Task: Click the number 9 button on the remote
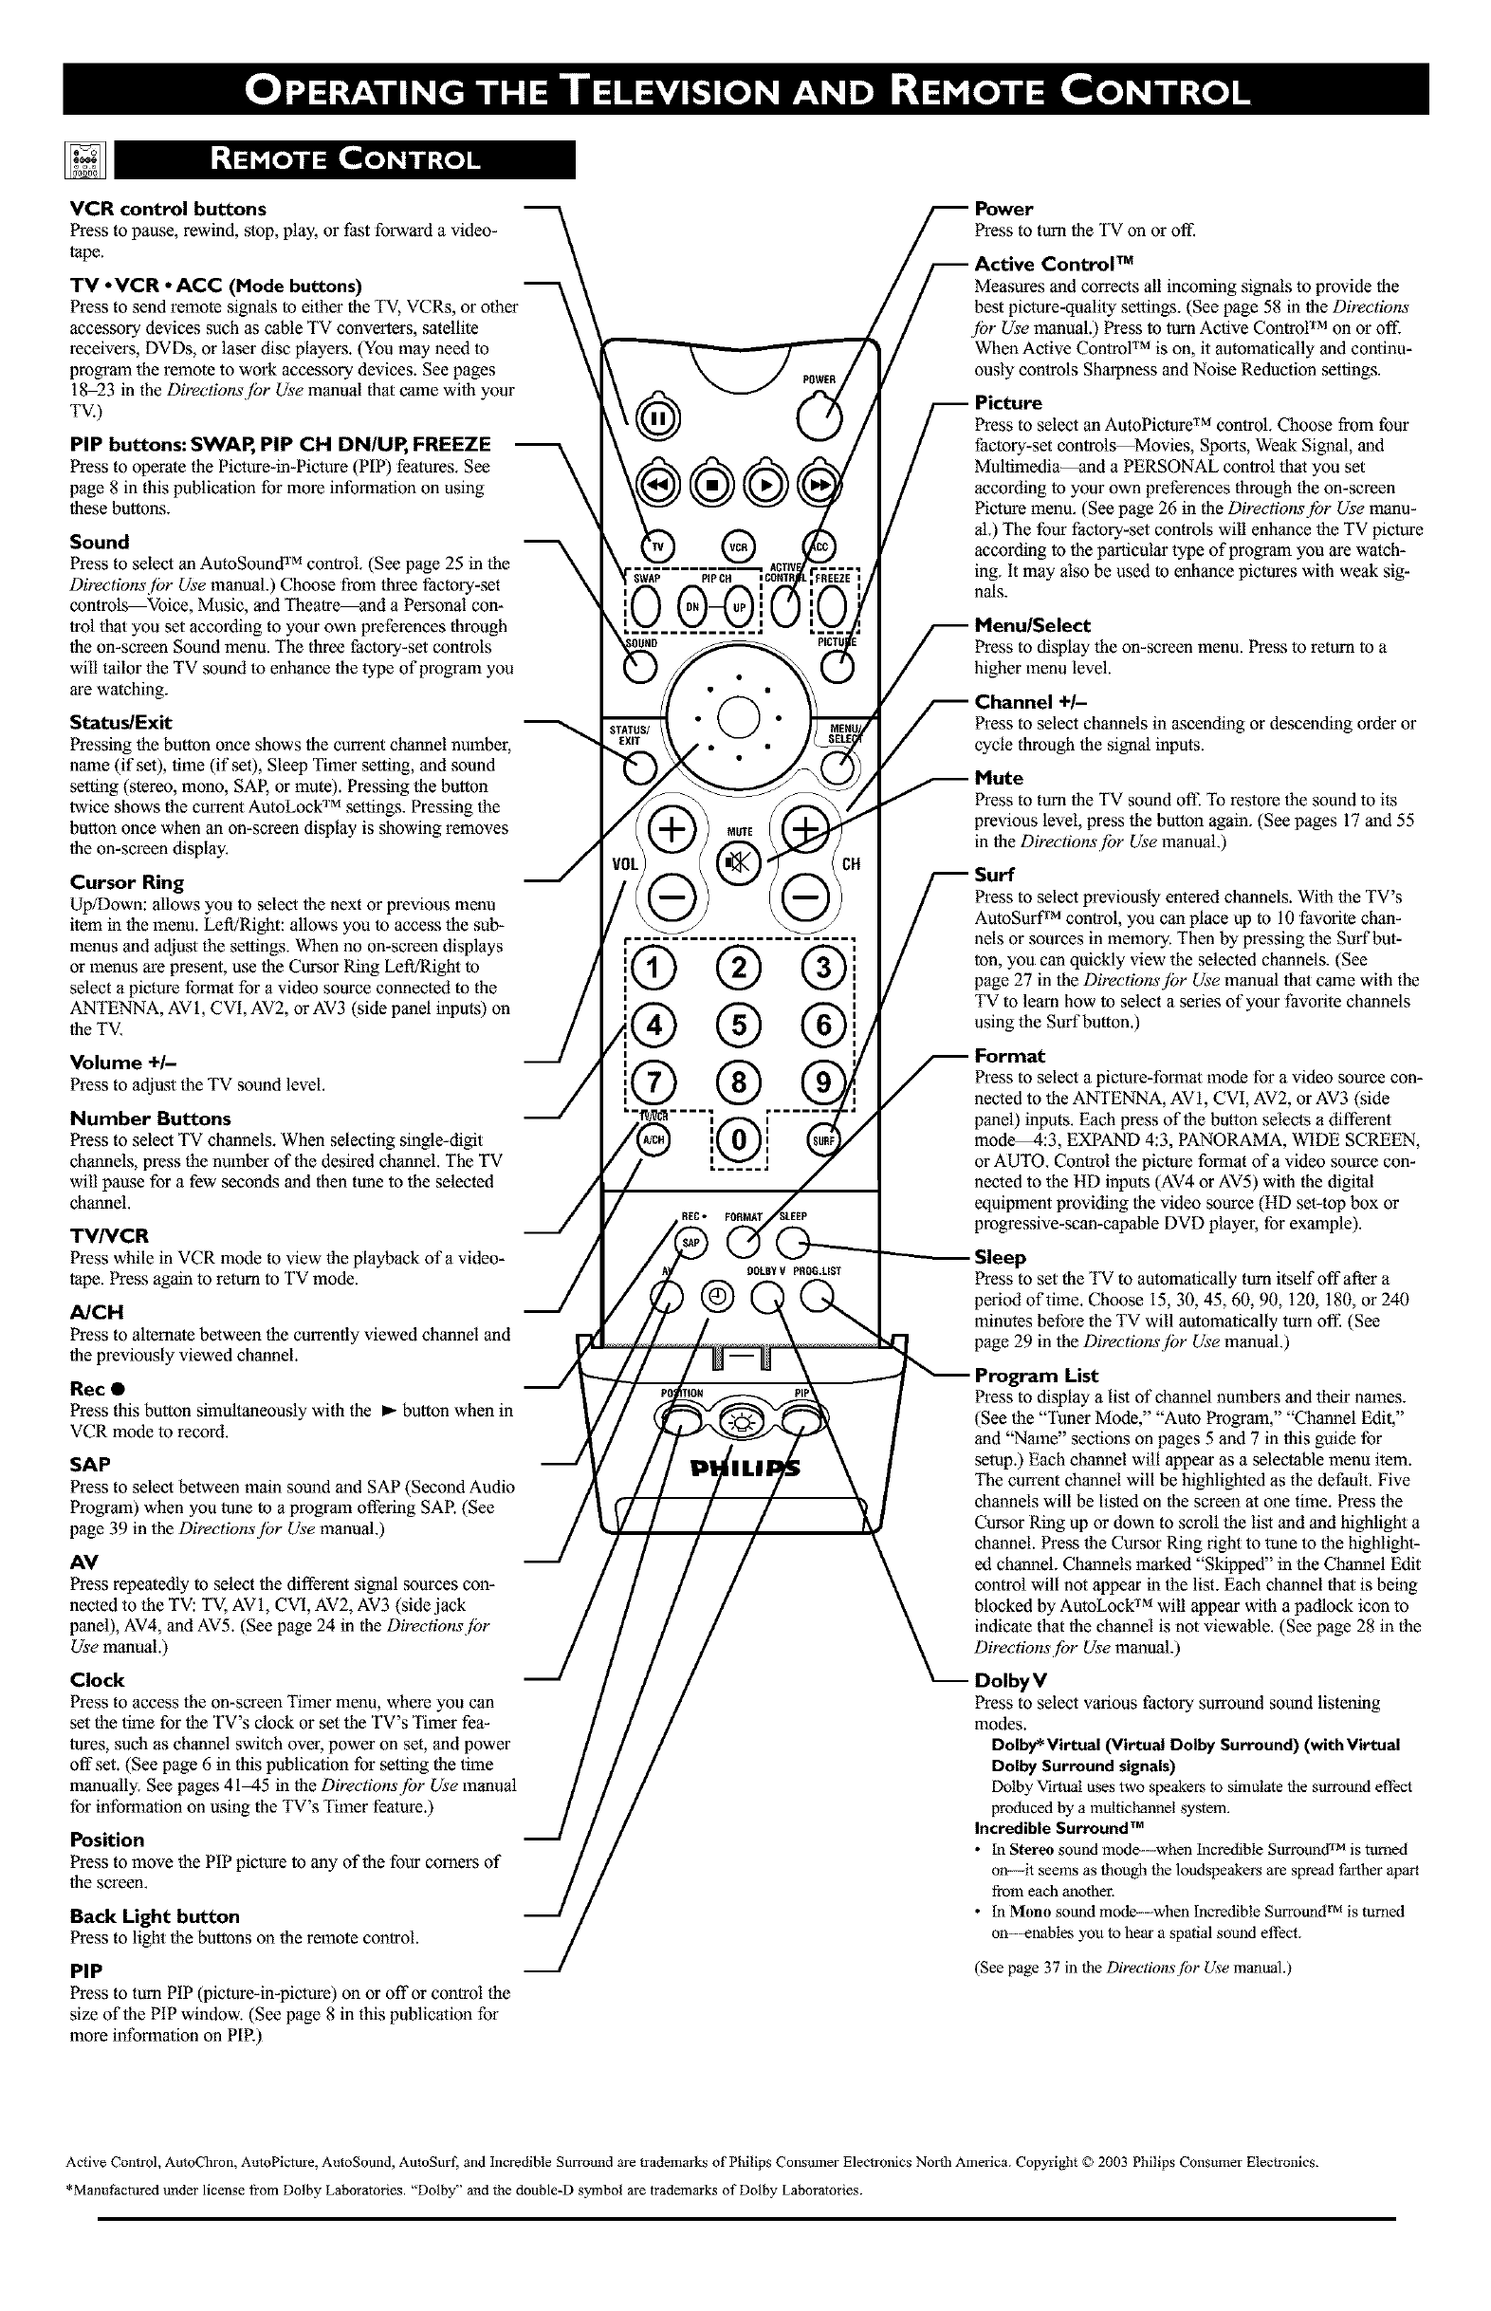823,1082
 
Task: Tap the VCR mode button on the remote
740,546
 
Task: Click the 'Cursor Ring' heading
127,882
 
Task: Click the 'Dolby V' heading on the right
1011,1680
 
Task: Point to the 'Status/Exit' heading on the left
121,722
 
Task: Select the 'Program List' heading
1036,1376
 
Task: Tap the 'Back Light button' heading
155,1916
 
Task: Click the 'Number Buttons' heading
150,1119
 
